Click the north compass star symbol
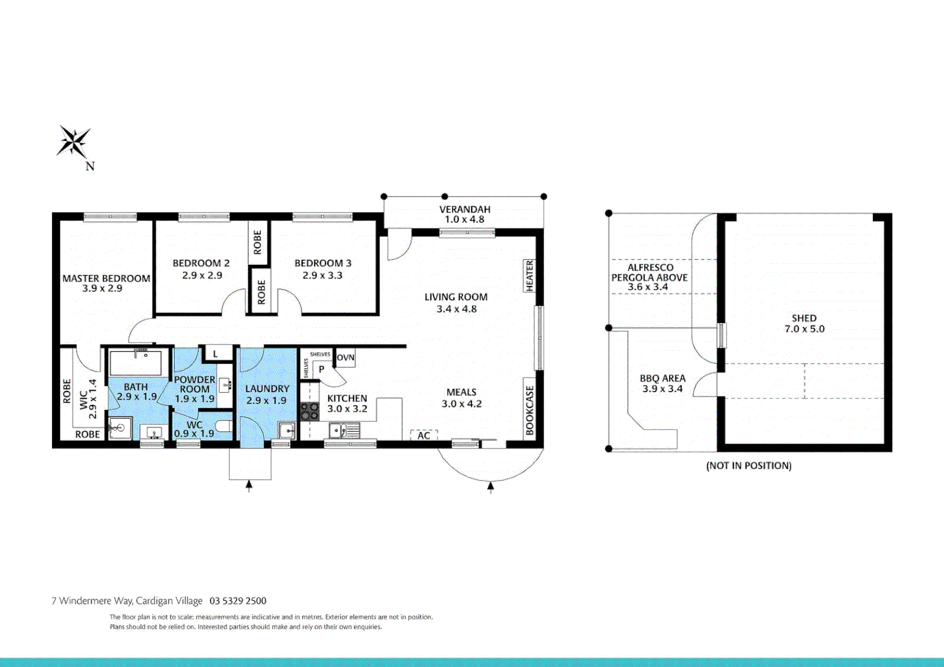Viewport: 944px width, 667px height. coord(74,141)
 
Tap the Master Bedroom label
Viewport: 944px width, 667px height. coord(106,279)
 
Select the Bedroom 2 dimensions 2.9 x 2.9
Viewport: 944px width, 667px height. coord(201,275)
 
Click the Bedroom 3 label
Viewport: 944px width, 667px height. coord(322,263)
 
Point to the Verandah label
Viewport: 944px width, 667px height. coord(465,209)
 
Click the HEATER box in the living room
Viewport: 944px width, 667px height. coord(529,275)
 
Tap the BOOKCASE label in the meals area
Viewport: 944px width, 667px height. coord(529,411)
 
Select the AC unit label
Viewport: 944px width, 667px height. coord(424,435)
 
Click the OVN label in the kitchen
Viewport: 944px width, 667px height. coord(345,358)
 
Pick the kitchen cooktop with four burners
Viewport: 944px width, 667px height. coord(309,412)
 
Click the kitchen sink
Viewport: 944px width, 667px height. coord(337,430)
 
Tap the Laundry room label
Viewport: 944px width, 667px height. coord(267,388)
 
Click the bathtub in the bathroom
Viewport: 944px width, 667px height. coord(135,363)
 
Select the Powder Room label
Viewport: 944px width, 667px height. coord(195,384)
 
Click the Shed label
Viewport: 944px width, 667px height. coord(804,318)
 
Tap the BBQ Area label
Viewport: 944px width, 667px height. coord(662,378)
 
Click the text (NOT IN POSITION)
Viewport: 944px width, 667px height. coord(749,466)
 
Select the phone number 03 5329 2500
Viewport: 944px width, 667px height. coord(238,601)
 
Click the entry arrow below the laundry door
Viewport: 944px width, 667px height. coord(249,486)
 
